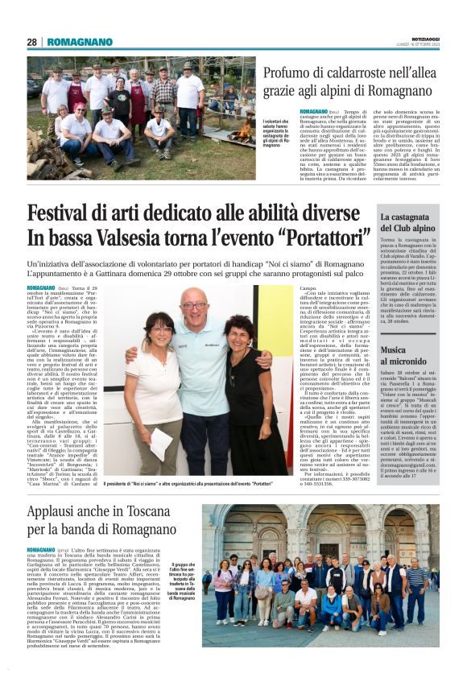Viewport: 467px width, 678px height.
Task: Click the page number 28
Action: tap(31, 42)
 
